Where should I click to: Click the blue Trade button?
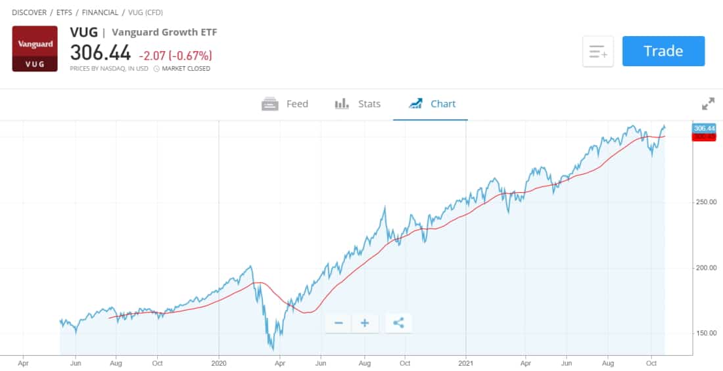point(663,51)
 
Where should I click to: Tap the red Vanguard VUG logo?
point(35,49)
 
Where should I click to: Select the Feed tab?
point(285,104)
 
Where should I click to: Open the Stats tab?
point(358,104)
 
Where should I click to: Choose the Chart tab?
point(432,104)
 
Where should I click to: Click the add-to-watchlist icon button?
point(597,51)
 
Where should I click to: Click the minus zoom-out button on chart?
point(338,323)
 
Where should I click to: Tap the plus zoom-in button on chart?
point(365,323)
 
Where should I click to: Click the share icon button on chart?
point(398,323)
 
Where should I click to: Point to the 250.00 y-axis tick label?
point(705,202)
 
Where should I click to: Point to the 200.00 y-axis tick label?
point(705,268)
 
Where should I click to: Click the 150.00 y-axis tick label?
point(705,334)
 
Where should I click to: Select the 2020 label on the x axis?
point(219,362)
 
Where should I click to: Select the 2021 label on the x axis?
point(465,362)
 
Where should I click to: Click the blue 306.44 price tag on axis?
point(703,129)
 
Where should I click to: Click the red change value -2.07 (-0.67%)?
point(175,55)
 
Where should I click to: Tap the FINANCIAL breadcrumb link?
point(100,12)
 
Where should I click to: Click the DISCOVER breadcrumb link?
point(29,12)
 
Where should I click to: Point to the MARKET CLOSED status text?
point(186,69)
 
